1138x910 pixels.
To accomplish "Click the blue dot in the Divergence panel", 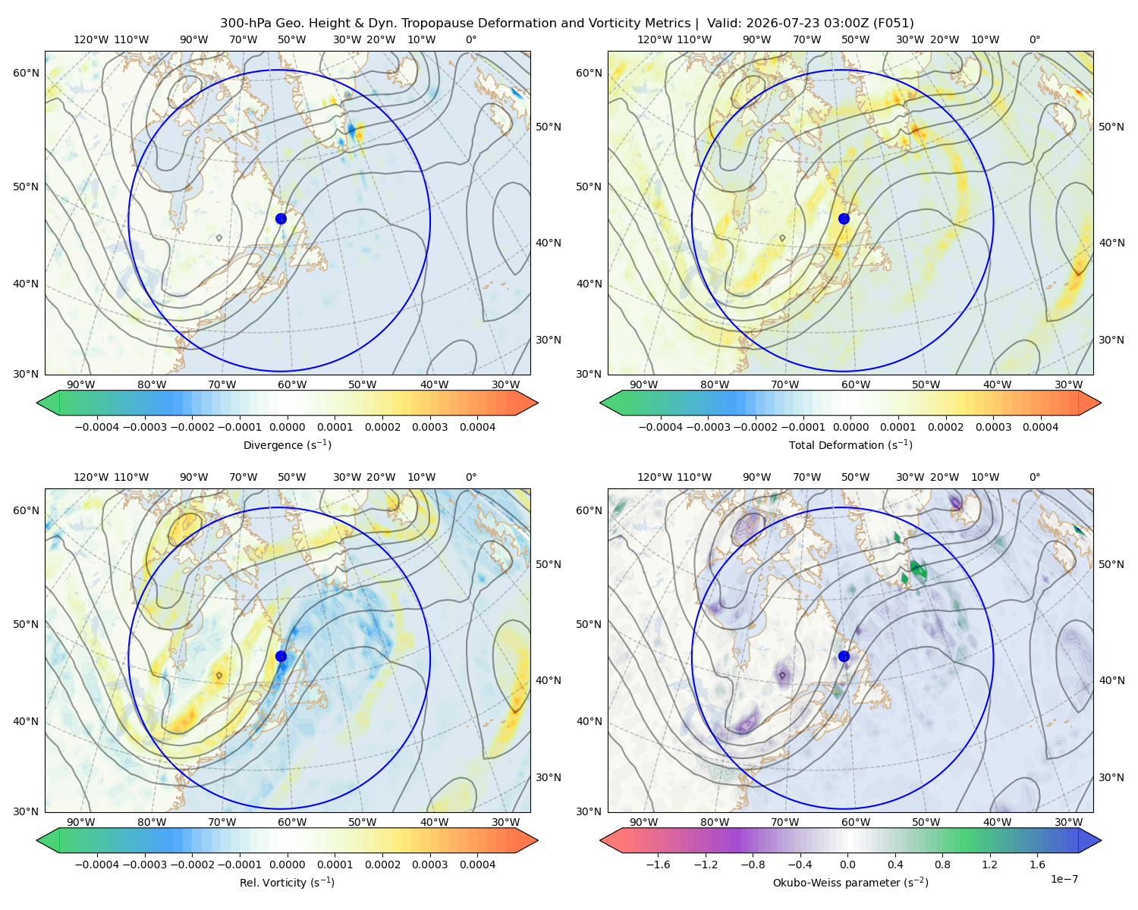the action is coord(281,218).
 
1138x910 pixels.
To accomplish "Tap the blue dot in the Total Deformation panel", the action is coord(844,218).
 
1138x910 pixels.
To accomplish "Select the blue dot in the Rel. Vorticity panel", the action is coord(281,656).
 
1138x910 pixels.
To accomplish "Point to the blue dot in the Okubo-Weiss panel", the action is coord(844,656).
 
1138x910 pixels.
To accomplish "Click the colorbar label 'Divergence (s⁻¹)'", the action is coord(287,444).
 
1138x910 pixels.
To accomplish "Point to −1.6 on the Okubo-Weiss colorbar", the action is coord(658,864).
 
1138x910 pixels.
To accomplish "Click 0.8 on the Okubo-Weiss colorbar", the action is coord(942,864).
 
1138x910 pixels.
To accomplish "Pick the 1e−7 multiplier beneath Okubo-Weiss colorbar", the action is coord(1064,879).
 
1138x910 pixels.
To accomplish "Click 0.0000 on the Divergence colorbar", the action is coord(287,427).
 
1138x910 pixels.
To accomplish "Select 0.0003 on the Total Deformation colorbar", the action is coord(993,427).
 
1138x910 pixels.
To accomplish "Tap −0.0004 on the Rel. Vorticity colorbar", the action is coord(97,864).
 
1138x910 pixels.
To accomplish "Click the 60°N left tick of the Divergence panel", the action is coord(26,73).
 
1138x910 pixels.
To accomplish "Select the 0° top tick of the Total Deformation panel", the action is coord(1034,39).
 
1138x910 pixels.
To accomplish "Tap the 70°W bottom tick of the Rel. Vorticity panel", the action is coord(222,822).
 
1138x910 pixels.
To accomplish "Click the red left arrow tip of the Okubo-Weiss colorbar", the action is coord(601,840).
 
